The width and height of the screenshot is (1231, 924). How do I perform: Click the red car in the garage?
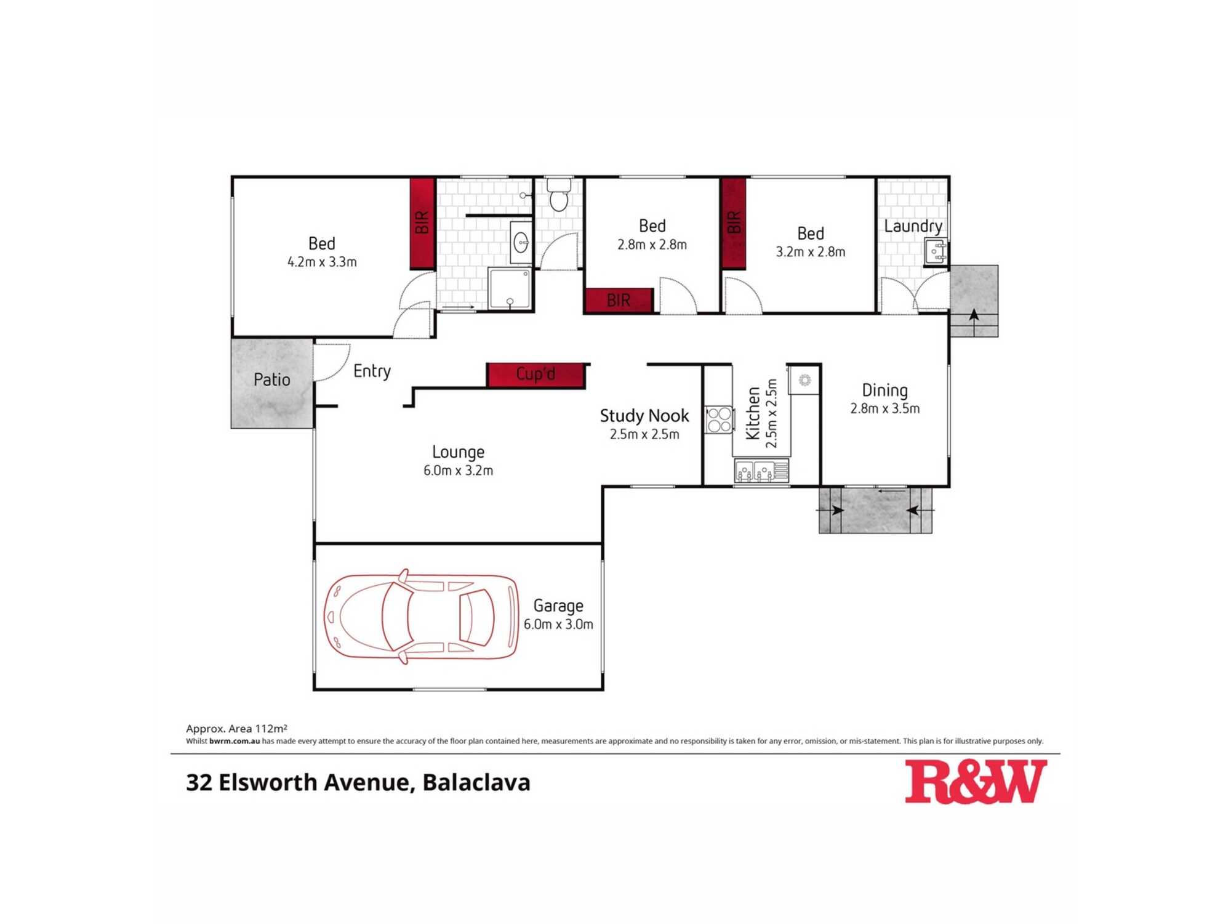pos(422,616)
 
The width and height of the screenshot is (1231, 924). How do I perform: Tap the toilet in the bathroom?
pos(558,195)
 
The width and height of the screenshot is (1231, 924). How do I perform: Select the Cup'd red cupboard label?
pos(535,375)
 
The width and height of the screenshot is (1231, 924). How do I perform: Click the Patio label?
pos(272,379)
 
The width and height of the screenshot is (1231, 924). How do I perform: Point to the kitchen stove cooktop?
pos(719,419)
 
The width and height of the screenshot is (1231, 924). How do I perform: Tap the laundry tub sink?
pos(936,252)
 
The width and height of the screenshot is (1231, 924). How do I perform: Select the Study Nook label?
pos(644,416)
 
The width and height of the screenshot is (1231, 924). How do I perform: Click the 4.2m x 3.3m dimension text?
pos(322,262)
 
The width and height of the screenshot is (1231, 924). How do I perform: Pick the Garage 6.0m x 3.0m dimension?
pos(558,624)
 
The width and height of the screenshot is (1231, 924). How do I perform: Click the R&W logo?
pos(976,782)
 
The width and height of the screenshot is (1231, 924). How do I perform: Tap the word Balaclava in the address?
pos(476,782)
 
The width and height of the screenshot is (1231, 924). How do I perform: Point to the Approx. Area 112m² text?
pos(237,729)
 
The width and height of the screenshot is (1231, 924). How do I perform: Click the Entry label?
pos(372,371)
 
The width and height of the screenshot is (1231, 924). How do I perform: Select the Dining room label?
pos(884,391)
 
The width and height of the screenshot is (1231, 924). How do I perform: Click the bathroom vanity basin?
pos(521,243)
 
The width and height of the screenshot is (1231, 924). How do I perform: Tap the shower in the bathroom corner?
pos(510,288)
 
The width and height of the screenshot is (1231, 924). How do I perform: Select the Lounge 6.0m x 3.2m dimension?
pos(458,471)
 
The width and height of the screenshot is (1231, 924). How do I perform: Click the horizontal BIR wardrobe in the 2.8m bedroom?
pos(619,301)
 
